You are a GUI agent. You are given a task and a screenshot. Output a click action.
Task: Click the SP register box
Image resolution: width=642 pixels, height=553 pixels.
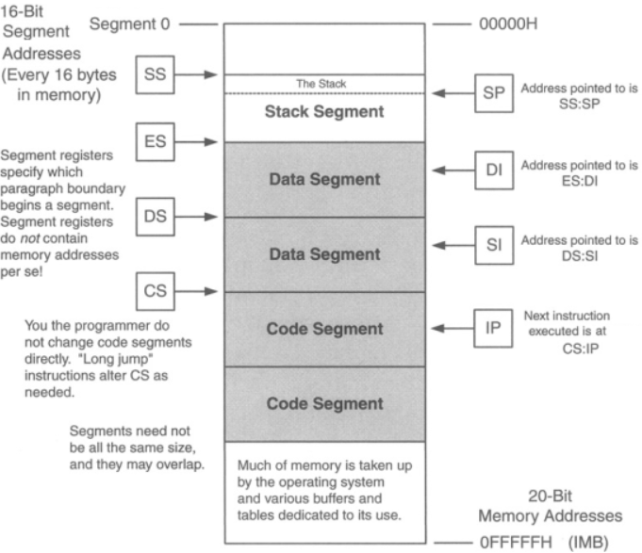(x=489, y=92)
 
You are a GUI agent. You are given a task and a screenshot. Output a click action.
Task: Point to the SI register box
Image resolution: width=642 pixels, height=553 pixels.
(x=489, y=245)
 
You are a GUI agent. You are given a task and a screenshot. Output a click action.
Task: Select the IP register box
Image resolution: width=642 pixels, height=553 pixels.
(x=489, y=329)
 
